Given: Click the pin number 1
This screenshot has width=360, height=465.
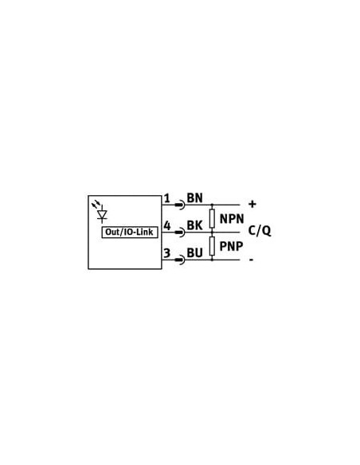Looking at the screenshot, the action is [167, 198].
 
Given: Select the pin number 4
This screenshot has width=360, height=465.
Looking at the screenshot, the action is [167, 225].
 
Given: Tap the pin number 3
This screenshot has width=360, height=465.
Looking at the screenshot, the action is [167, 253].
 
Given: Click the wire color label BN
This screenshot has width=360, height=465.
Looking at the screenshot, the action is [195, 197].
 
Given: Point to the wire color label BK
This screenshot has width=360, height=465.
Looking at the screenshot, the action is [195, 225].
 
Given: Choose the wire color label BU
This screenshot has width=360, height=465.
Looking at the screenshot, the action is [195, 253].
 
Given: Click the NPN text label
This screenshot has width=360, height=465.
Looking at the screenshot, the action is [232, 219].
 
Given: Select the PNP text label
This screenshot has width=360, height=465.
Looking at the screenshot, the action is [231, 246].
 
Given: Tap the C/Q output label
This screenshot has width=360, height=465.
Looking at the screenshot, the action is [260, 231].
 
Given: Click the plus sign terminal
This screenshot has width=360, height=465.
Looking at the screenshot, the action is [252, 204].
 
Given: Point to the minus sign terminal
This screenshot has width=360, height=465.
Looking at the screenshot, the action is [252, 260].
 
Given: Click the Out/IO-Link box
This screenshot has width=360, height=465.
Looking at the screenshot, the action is [130, 232].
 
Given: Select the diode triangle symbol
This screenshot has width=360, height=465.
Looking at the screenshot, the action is [102, 215].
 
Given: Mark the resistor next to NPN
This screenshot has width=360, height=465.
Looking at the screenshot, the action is [212, 218].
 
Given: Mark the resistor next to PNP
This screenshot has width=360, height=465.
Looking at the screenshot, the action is [212, 246].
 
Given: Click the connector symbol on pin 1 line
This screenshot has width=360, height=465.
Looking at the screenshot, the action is [180, 205].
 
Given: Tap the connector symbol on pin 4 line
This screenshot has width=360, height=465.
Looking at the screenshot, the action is [180, 232].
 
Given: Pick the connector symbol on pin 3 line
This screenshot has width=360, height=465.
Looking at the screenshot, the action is [180, 260].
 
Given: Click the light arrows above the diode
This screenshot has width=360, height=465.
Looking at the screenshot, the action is [96, 204].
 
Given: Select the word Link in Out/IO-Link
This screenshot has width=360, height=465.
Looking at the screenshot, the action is [145, 232].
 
